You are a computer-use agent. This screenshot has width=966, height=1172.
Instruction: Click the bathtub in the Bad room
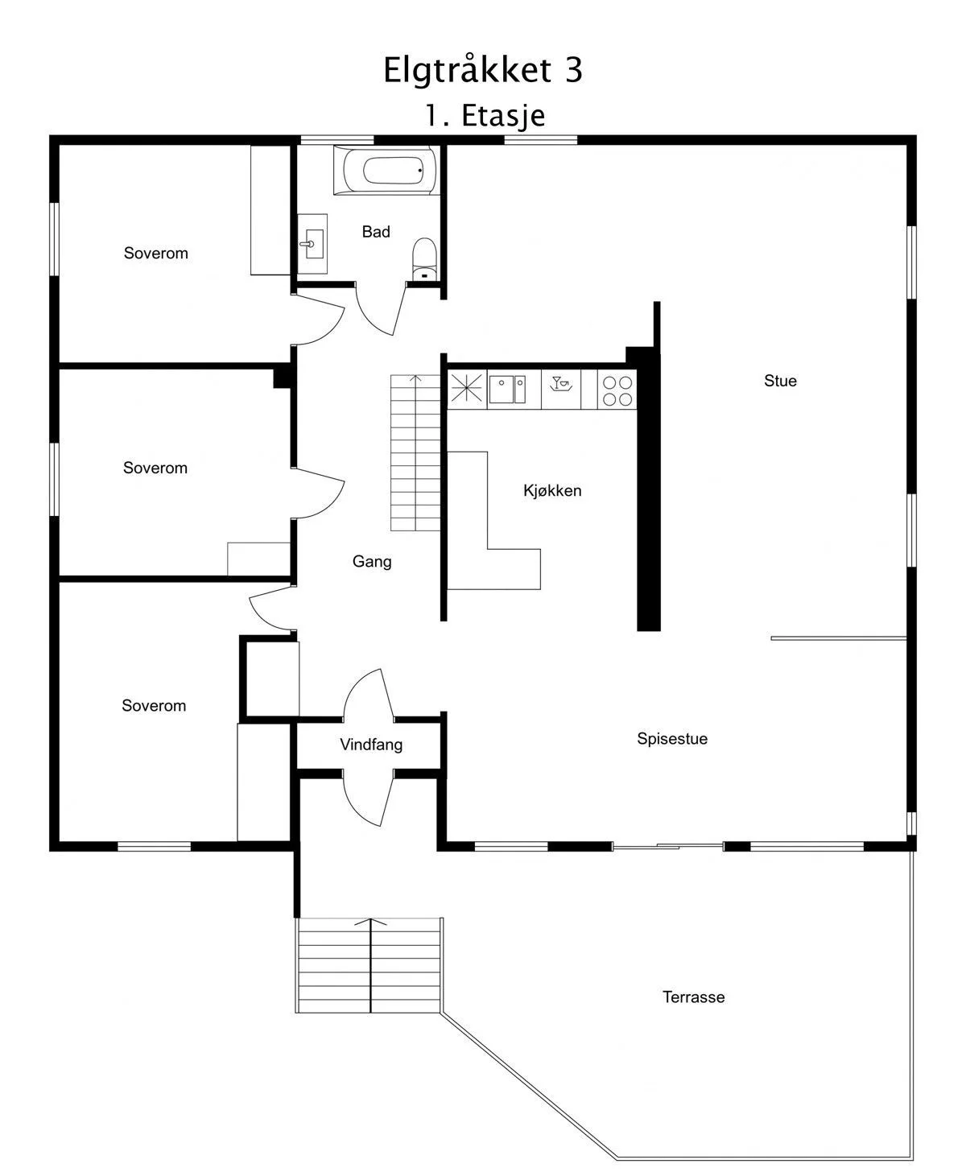coord(386,170)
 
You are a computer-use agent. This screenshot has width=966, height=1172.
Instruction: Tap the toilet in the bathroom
coord(424,259)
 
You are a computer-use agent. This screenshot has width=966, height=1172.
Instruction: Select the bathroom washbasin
coord(312,244)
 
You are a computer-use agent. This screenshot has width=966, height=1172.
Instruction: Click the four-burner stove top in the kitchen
coord(617,390)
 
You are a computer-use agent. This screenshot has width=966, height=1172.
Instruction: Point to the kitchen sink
coord(507,390)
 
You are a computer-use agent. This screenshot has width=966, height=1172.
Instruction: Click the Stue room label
coord(780,381)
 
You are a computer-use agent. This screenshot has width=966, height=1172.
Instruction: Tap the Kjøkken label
coord(551,490)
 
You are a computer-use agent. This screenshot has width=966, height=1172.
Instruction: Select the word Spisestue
coord(672,738)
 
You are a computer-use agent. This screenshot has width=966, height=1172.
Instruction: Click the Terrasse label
coord(693,997)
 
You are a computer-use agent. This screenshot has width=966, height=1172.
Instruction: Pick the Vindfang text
coord(371,745)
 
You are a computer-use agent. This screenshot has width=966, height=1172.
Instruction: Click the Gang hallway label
coord(372,561)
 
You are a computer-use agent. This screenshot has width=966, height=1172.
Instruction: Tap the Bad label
coord(375,231)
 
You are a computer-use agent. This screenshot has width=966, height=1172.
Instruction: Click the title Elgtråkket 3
coord(483,69)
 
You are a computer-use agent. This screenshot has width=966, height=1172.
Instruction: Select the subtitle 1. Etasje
coord(485,115)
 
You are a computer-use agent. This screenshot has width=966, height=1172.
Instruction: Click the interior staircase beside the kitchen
coord(415,452)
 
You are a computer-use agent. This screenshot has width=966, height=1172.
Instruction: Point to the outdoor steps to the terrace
coord(369,965)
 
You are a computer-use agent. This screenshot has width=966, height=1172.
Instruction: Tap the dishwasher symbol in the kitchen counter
coord(561,389)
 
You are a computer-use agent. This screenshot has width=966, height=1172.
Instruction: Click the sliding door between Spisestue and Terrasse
coord(667,846)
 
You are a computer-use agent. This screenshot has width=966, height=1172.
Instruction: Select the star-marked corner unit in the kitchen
coord(467,389)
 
